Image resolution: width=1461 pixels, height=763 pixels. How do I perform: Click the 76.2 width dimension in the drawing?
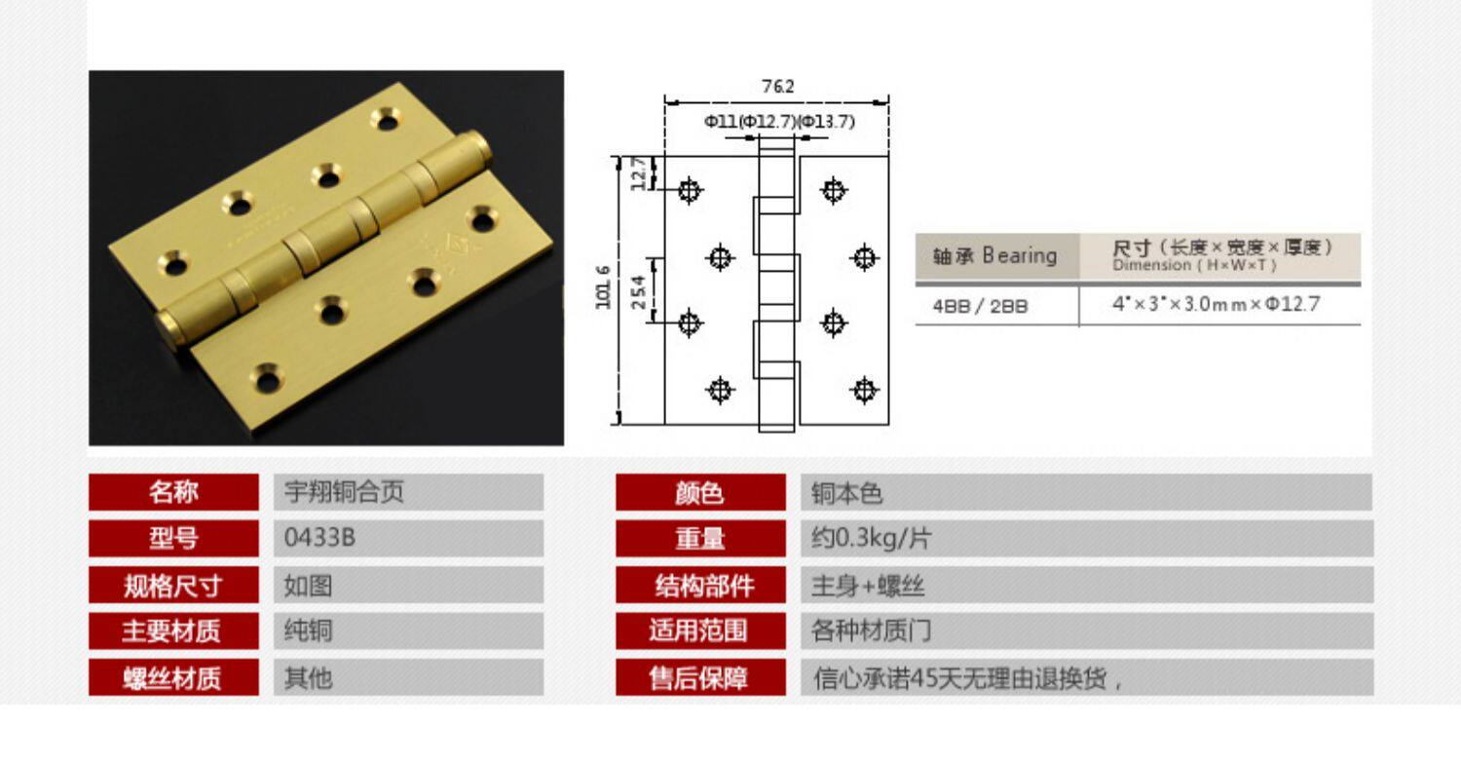[777, 87]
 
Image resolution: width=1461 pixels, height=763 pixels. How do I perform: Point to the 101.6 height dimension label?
[604, 288]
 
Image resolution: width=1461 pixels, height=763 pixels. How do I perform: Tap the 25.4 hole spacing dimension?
[637, 290]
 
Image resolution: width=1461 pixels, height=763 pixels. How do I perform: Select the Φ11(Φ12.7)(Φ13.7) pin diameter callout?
[779, 121]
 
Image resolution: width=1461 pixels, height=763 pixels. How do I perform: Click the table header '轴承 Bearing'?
[994, 256]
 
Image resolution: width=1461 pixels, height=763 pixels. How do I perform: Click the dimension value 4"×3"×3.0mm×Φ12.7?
[1217, 304]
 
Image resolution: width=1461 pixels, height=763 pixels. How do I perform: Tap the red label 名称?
[173, 492]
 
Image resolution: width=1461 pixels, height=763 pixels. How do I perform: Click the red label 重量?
[700, 538]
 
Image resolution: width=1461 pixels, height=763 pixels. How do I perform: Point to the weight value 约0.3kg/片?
[858, 538]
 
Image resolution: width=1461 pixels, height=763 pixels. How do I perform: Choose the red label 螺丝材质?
[173, 677]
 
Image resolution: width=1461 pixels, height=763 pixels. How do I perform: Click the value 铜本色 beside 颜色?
[846, 493]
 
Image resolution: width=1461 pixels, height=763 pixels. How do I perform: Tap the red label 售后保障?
[700, 677]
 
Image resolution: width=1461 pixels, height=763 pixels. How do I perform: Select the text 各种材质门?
[872, 630]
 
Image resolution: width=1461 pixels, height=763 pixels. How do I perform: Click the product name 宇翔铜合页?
[343, 492]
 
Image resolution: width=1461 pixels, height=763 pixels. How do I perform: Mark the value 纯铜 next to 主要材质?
[308, 630]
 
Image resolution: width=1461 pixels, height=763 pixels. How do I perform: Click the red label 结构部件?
[700, 585]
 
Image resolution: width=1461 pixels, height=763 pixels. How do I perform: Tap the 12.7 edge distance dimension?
[637, 174]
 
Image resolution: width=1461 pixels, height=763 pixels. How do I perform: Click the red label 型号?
[173, 538]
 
